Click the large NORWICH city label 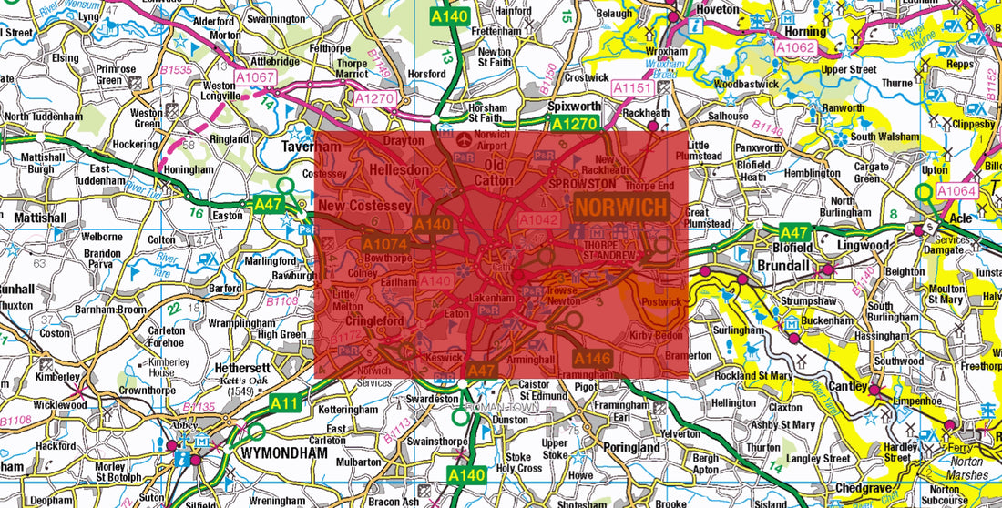[620, 207]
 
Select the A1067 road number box [255, 78]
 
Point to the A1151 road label [632, 88]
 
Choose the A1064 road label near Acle [956, 191]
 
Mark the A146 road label [592, 358]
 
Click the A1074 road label [385, 245]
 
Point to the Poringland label [631, 448]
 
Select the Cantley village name [847, 388]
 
